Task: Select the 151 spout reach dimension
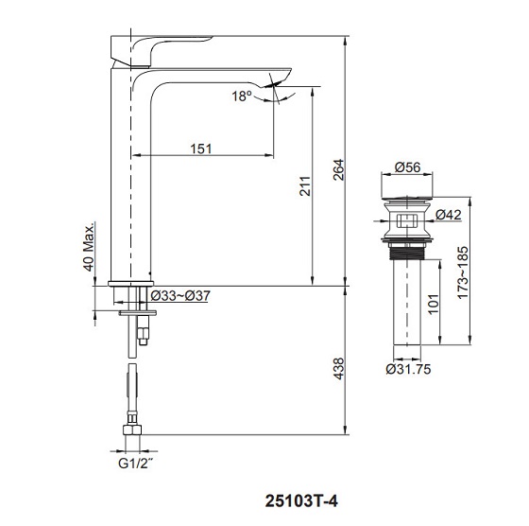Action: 199,147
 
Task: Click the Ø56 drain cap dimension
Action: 407,167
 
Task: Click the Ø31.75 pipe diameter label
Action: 410,370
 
